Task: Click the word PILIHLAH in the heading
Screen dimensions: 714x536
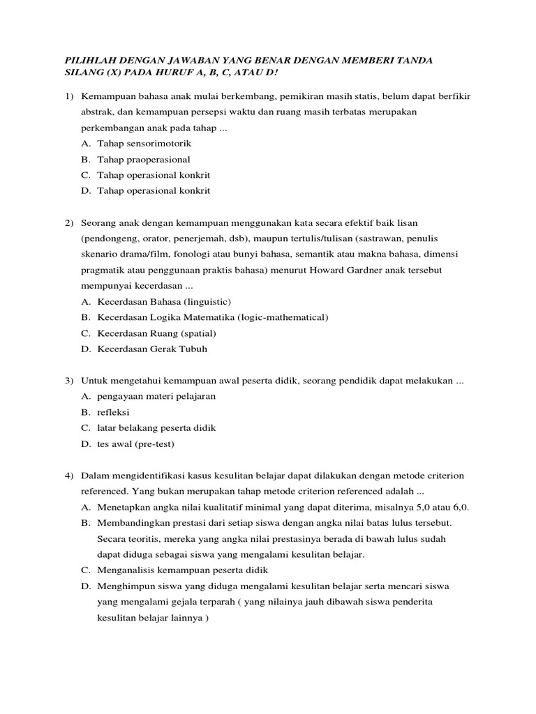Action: pos(86,61)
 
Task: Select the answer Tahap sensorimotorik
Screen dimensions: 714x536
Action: pos(144,143)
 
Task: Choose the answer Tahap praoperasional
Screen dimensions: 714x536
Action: pos(144,159)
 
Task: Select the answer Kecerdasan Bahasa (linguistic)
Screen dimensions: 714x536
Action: pos(164,301)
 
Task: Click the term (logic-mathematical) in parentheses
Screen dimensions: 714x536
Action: pos(283,317)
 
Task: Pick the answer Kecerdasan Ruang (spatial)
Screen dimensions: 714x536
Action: pos(156,333)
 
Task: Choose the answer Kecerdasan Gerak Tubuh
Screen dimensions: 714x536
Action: pos(152,349)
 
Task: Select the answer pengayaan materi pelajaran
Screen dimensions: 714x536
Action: pos(156,396)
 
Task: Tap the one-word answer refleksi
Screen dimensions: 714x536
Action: pos(113,412)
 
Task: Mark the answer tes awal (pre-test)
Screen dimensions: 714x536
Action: pos(135,443)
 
